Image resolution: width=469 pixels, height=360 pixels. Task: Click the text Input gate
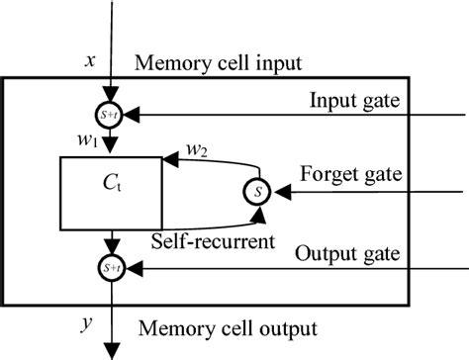coord(354,100)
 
